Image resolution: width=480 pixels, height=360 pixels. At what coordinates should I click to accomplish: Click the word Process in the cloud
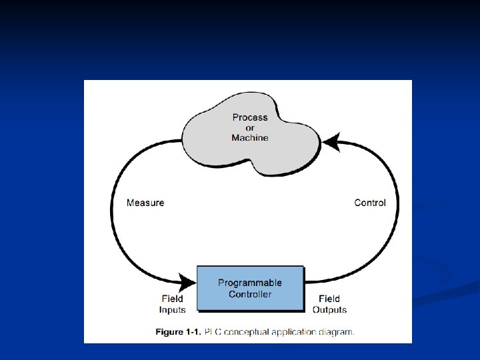250,117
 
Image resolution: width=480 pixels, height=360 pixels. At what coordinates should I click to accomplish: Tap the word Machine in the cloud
250,138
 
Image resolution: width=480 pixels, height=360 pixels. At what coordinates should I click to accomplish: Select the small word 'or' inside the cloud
250,128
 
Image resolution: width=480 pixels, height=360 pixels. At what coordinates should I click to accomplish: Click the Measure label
145,203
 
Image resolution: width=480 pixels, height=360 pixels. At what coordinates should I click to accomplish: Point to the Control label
370,203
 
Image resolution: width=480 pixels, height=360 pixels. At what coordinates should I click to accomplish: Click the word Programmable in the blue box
250,283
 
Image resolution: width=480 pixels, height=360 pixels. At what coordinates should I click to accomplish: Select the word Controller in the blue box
250,294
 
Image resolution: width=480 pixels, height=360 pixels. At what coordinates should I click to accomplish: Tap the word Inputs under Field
173,309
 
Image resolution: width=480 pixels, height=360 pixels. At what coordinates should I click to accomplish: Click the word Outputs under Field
329,309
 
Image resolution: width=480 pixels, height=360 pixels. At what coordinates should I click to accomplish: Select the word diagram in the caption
337,331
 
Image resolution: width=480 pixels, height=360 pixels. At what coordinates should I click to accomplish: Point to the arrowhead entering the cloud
330,142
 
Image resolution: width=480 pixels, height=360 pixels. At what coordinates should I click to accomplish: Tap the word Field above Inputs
173,299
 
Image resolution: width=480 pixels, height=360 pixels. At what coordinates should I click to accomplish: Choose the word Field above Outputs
329,299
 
